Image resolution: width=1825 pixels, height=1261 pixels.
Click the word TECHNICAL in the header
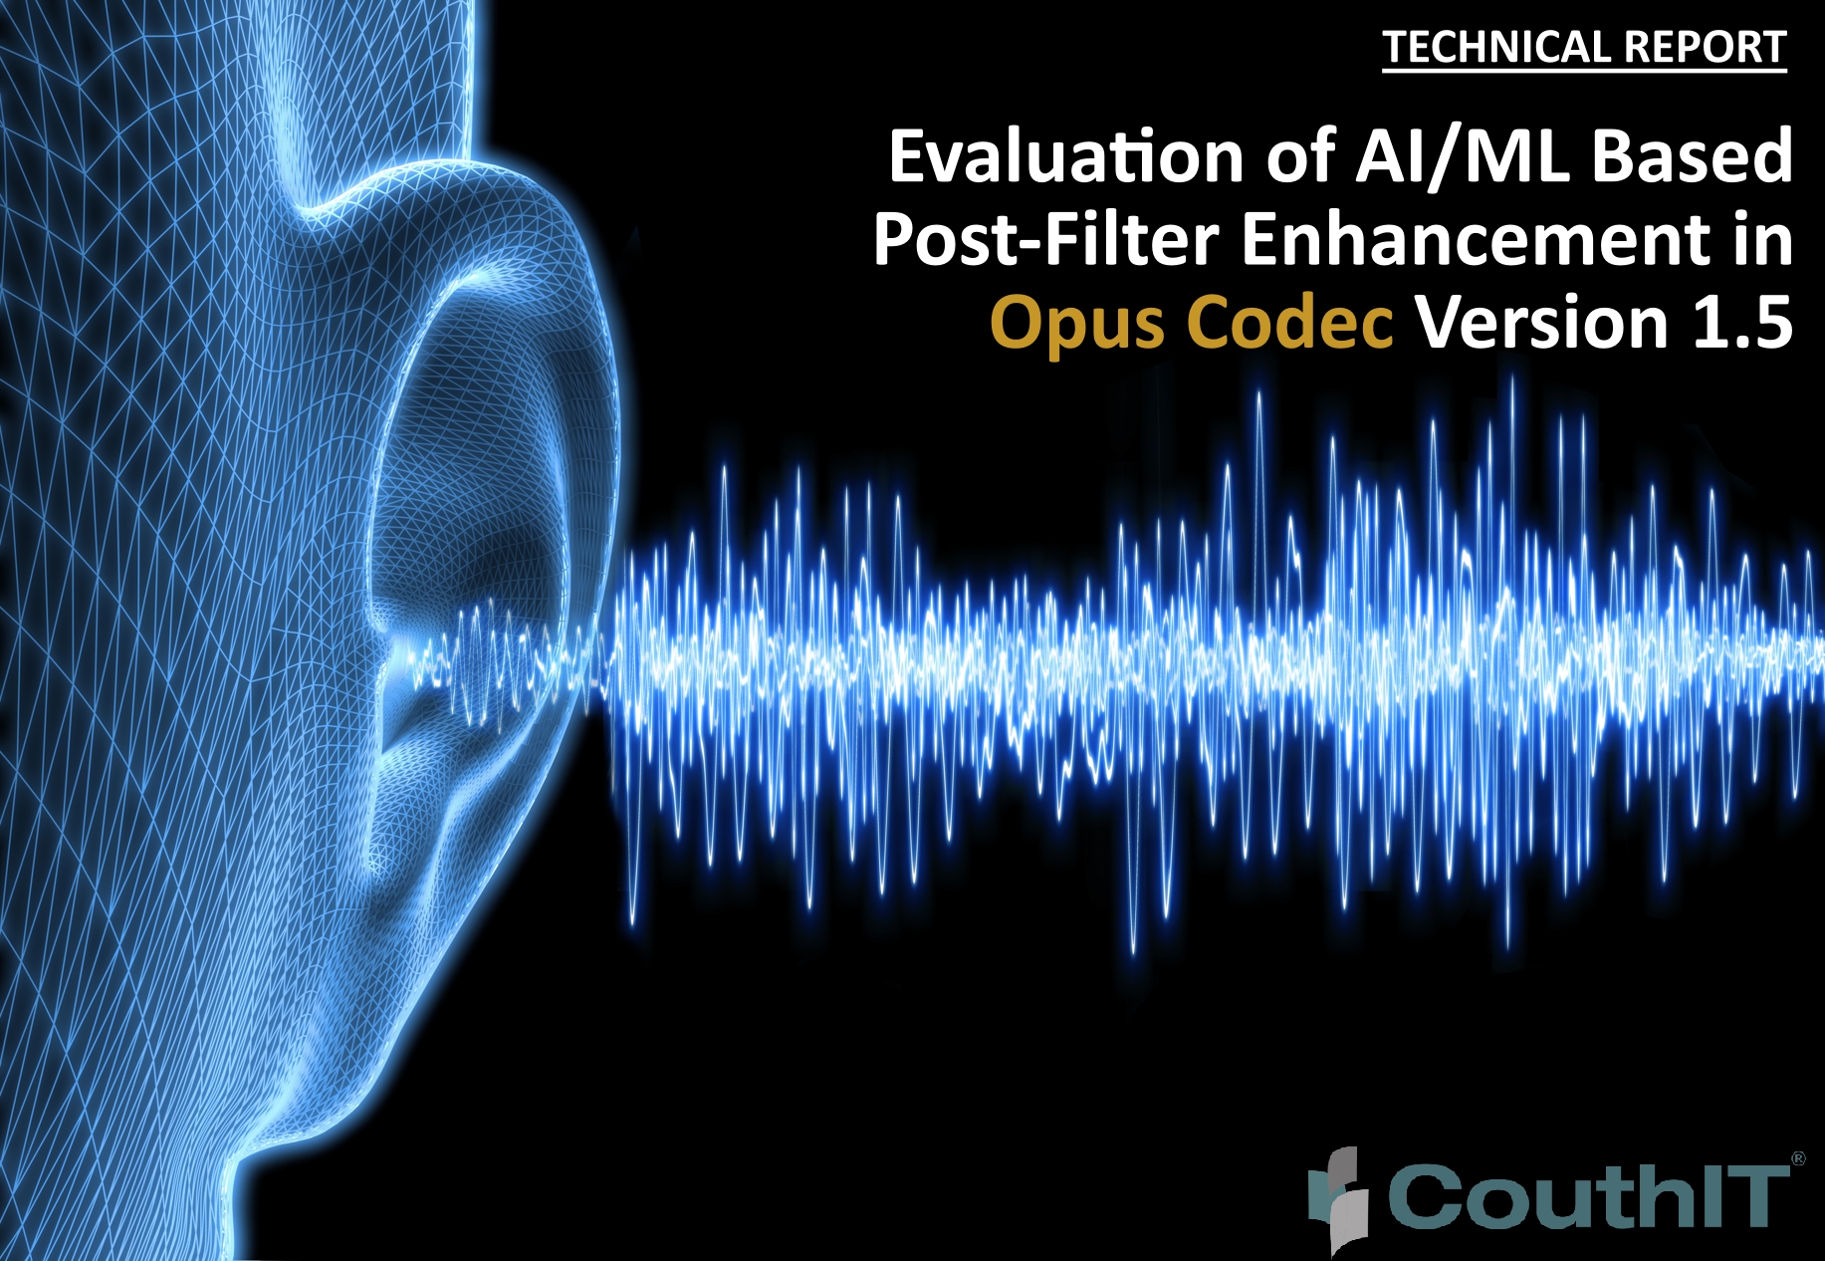[x=1496, y=48]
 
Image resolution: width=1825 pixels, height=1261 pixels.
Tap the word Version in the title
[x=1541, y=323]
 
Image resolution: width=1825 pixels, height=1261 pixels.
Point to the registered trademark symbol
[x=1798, y=1158]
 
